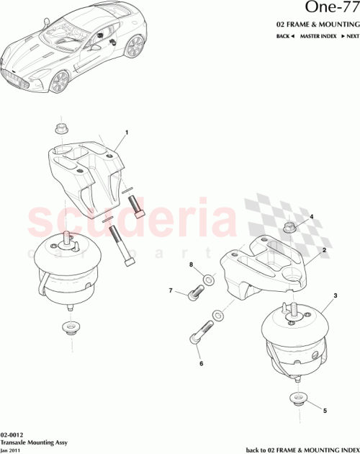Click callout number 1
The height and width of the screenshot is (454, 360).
(x=127, y=133)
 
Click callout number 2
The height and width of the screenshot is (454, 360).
(x=325, y=249)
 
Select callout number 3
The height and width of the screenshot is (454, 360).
(x=335, y=296)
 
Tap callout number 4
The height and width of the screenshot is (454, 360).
(x=312, y=216)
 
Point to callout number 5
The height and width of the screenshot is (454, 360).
(x=324, y=410)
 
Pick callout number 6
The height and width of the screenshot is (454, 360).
(x=202, y=365)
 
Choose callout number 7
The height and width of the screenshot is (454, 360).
(x=172, y=292)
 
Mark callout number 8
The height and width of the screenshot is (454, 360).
(x=191, y=266)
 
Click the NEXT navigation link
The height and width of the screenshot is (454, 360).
(x=349, y=35)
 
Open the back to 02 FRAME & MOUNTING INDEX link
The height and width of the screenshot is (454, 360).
(x=302, y=449)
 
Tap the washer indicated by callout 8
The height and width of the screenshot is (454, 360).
(x=207, y=278)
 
